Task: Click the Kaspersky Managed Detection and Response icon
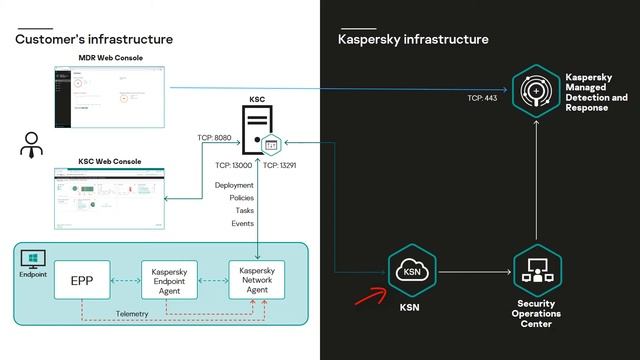[537, 91]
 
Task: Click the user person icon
[31, 145]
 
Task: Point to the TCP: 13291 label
[284, 165]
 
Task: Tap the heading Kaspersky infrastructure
[413, 39]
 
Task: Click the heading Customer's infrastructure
[94, 39]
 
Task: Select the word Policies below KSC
[241, 198]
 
